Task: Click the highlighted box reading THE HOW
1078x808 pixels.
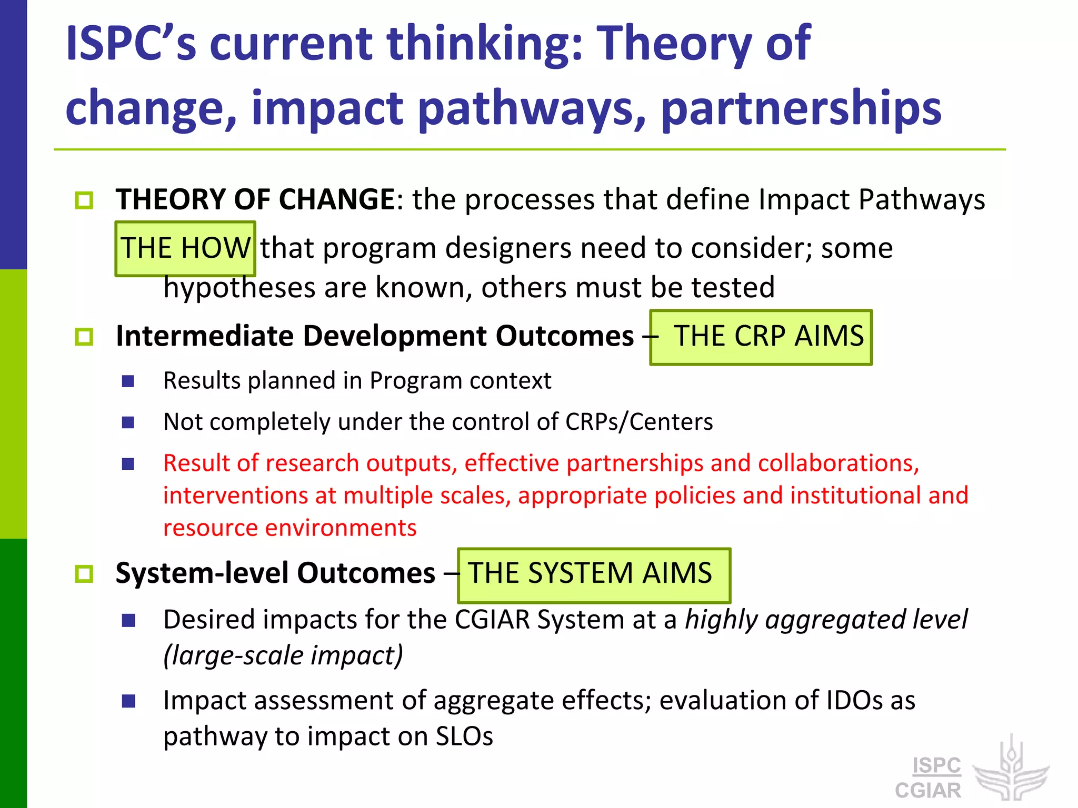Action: [x=185, y=248]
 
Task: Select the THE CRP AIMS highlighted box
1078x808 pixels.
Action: [x=761, y=337]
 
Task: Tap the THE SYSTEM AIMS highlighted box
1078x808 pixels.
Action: [x=594, y=574]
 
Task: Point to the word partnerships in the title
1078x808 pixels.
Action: [x=801, y=108]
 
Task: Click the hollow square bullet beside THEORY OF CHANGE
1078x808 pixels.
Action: [x=84, y=200]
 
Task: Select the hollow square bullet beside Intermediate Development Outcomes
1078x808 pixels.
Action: [x=84, y=337]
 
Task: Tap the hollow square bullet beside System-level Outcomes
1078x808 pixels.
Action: [x=84, y=574]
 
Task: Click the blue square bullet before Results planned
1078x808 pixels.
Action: [x=128, y=381]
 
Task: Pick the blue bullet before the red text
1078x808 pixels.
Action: [x=128, y=463]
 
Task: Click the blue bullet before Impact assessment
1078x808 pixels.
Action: [x=128, y=701]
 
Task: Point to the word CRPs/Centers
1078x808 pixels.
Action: [x=639, y=422]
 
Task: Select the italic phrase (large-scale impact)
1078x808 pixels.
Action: [x=283, y=655]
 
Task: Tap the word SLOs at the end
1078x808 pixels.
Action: [x=464, y=736]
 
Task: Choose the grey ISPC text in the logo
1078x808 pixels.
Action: [x=936, y=765]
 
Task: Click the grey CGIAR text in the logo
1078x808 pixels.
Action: [x=929, y=791]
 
